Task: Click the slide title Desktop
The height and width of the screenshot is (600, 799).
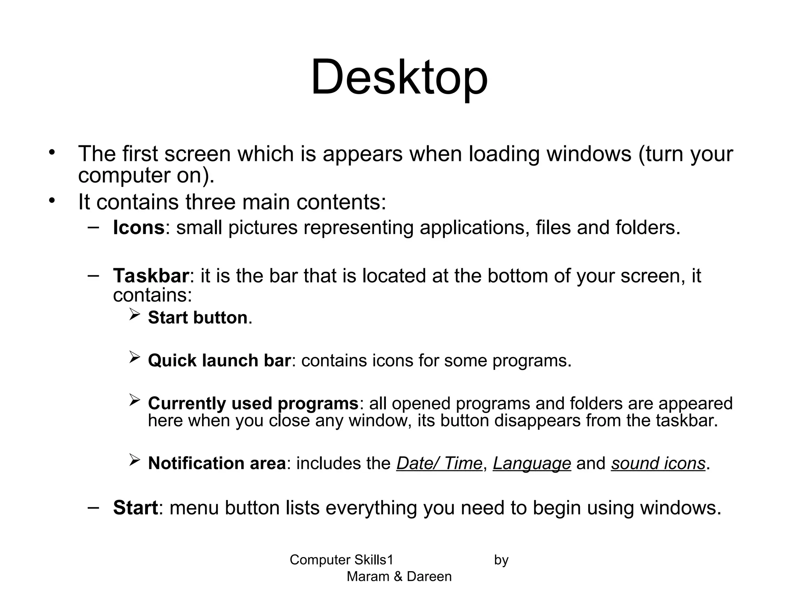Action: tap(399, 77)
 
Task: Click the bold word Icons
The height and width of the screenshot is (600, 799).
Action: tap(138, 227)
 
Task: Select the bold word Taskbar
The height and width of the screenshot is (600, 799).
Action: tap(151, 276)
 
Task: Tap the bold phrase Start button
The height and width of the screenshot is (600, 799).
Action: tap(198, 318)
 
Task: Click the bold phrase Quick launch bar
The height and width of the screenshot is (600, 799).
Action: tap(219, 361)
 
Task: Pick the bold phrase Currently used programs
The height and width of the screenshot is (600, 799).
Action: tap(253, 404)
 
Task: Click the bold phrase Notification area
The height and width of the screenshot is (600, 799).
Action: tap(217, 463)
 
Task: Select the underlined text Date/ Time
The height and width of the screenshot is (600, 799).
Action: tap(439, 464)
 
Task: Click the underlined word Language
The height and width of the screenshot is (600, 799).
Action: tap(532, 464)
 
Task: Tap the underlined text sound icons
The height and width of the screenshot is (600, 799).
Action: tap(658, 464)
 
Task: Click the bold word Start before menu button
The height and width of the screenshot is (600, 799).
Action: tap(135, 508)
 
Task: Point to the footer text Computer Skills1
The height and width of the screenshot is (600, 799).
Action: tap(341, 560)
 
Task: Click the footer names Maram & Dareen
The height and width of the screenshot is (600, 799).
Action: tap(399, 577)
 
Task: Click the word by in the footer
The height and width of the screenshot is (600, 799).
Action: tap(501, 560)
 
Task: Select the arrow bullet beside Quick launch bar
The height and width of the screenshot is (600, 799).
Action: tap(134, 357)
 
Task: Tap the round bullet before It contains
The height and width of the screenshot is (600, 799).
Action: tap(53, 200)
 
